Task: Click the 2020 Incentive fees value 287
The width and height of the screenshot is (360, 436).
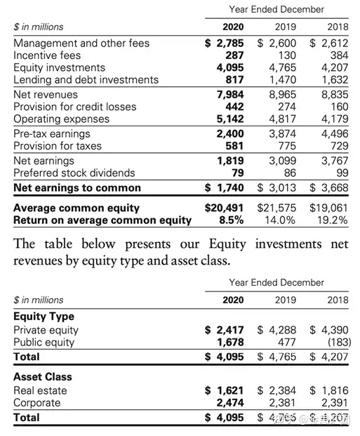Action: tap(234, 55)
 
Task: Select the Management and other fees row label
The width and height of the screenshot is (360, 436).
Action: tap(81, 43)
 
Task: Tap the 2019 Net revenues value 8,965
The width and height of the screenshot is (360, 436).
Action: tap(282, 95)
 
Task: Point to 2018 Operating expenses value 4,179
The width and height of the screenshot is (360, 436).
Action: tap(335, 119)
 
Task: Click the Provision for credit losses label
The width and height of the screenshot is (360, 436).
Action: tap(75, 107)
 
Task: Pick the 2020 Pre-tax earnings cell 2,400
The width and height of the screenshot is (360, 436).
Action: tap(230, 133)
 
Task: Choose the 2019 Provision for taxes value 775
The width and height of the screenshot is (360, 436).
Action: tap(287, 146)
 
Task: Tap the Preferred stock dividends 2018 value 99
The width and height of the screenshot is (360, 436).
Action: tap(342, 173)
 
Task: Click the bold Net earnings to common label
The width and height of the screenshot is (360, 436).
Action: tap(77, 187)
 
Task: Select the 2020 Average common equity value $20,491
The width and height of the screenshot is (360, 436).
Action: tap(224, 208)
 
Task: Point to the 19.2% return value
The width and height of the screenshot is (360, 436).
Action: tap(333, 220)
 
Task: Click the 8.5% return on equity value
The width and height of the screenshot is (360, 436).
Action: tap(232, 220)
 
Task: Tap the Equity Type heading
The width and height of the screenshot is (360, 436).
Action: tap(44, 317)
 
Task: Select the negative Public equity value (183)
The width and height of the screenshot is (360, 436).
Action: tap(340, 343)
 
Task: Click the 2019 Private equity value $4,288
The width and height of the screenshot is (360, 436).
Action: tap(276, 330)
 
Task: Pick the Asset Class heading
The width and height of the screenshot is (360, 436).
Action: tap(43, 377)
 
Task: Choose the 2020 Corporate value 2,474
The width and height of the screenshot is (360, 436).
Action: tap(230, 403)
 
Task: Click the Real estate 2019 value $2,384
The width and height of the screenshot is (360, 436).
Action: tap(276, 390)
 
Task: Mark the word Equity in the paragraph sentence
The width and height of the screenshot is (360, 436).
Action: tap(227, 244)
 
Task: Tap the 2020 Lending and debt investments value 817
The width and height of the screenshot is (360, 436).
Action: tap(234, 80)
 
